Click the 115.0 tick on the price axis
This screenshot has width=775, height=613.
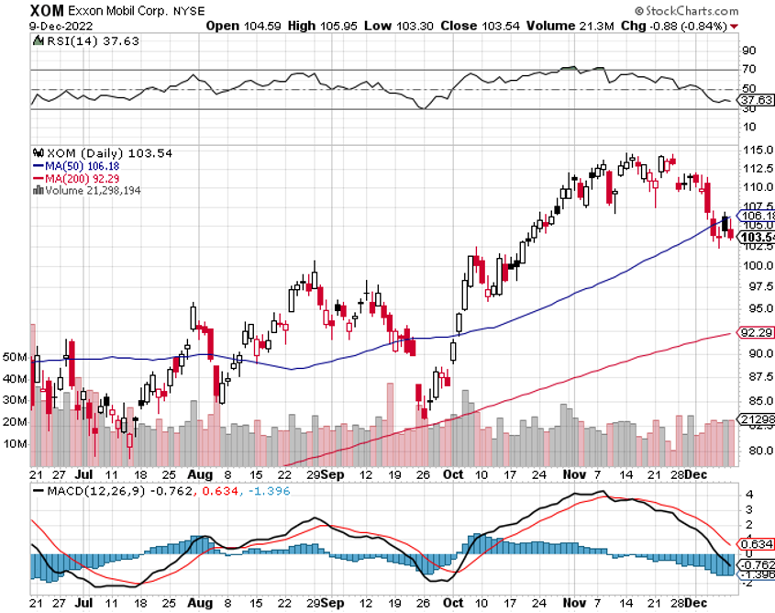pos(756,150)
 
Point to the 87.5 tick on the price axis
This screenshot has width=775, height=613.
pos(755,376)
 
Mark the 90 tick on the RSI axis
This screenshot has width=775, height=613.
pos(748,50)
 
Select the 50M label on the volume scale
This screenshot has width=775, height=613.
pos(16,355)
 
